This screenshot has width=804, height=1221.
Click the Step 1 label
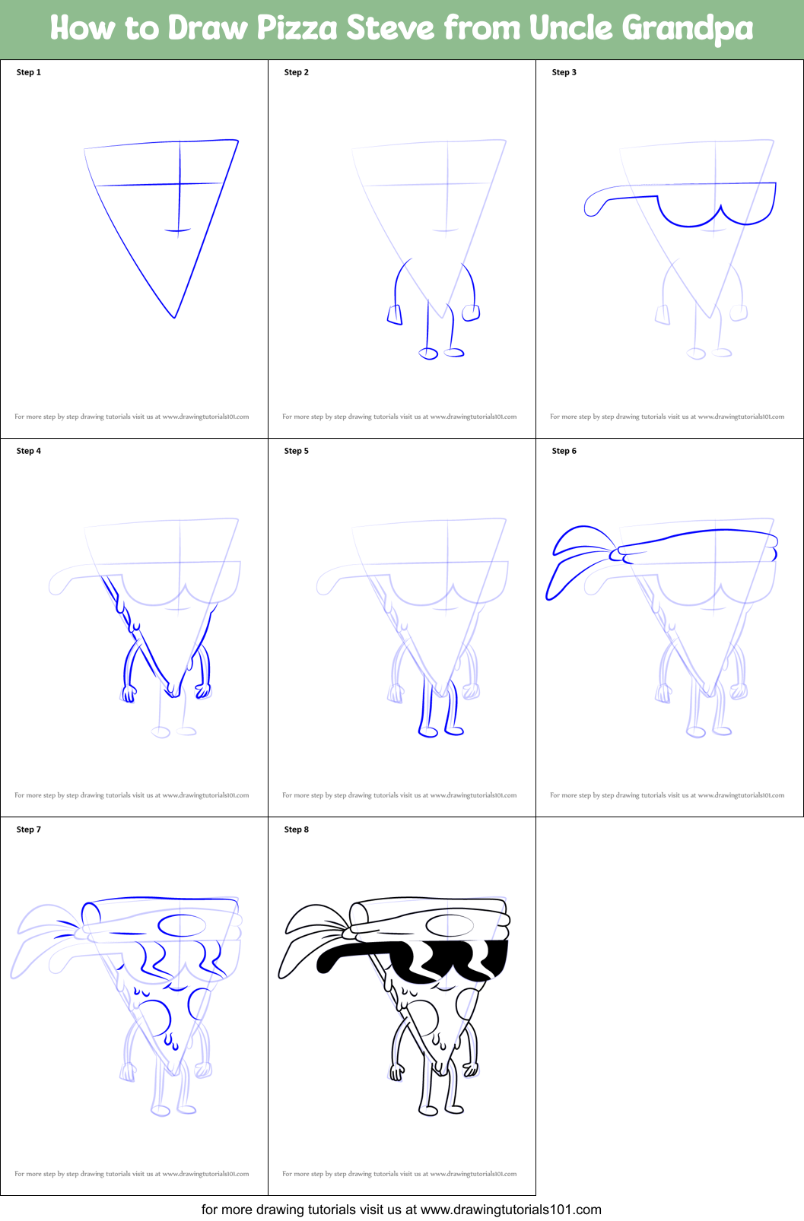(x=29, y=72)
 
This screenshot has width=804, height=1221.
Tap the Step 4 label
(x=29, y=451)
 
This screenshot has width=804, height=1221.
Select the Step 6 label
(x=564, y=451)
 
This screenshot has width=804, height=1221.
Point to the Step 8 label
(x=296, y=829)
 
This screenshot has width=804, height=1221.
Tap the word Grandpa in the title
(x=688, y=28)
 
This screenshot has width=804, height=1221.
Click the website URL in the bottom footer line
(x=510, y=1210)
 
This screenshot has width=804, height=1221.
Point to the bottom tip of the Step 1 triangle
(x=175, y=317)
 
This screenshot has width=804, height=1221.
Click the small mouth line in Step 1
(x=177, y=230)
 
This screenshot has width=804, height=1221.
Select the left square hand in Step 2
(x=395, y=315)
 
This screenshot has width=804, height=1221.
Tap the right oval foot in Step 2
(x=454, y=353)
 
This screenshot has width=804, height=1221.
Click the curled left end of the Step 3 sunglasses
(x=592, y=207)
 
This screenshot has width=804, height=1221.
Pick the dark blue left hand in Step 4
(x=129, y=693)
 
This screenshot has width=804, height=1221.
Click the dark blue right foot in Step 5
(x=454, y=731)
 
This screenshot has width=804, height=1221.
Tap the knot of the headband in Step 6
(x=618, y=555)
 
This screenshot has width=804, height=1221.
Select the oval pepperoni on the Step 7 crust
(x=182, y=925)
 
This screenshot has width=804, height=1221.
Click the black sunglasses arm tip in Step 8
(x=324, y=963)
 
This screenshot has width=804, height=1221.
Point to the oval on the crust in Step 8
(x=450, y=925)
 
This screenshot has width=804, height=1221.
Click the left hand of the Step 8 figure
(x=397, y=1072)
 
